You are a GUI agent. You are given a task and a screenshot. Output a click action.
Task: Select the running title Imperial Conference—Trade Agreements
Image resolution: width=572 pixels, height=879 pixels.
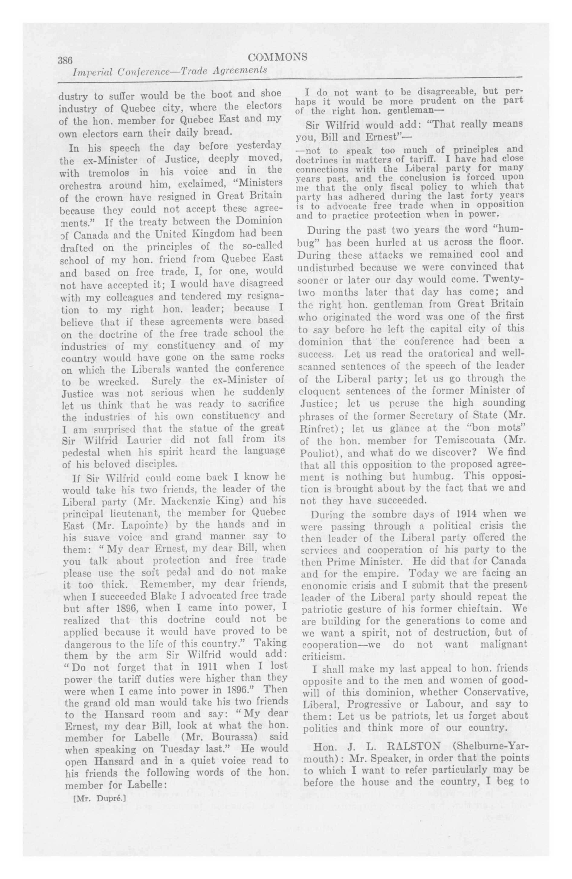[170, 70]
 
